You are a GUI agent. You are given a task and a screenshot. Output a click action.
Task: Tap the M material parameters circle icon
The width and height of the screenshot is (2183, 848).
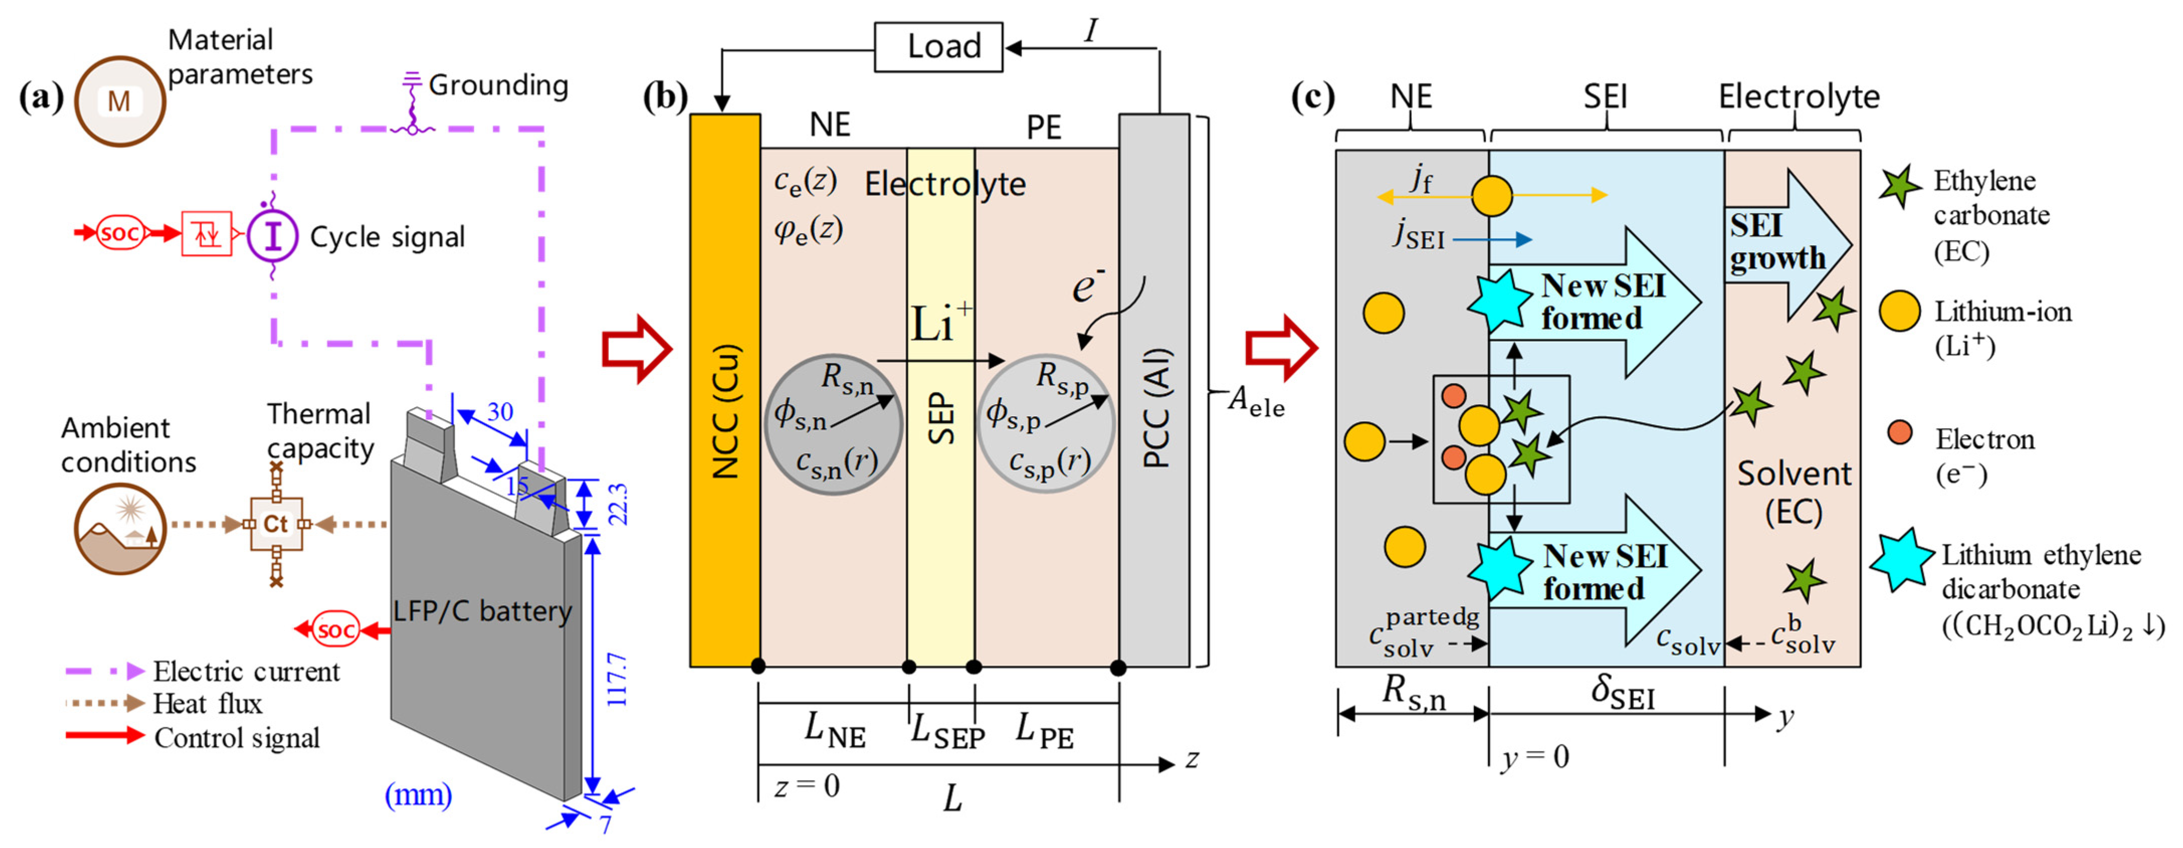120,101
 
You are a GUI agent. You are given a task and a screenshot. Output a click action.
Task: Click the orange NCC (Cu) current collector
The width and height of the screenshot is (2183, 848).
724,390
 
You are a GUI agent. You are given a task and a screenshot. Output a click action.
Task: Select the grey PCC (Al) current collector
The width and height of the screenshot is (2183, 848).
1154,390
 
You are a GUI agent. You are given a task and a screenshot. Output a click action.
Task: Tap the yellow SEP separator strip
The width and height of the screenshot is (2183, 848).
941,407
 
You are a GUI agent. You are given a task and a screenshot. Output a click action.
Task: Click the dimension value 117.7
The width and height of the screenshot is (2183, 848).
617,679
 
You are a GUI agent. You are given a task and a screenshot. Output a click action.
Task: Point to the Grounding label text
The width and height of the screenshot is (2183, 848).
498,85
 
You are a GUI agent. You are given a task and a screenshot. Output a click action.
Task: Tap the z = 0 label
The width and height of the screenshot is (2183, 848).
807,786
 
